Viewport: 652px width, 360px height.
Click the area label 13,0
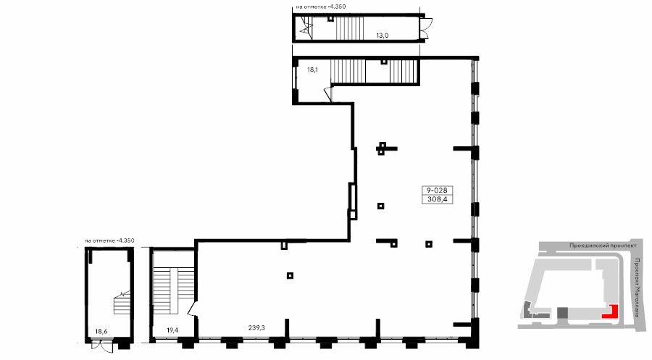[x=382, y=35]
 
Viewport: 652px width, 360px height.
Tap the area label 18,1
[x=312, y=70]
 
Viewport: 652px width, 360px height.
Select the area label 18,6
[x=101, y=331]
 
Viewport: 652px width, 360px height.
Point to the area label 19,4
[x=172, y=330]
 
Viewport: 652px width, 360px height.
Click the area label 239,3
[x=256, y=327]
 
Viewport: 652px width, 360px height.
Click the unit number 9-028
[x=437, y=191]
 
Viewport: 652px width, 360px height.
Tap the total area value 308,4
[x=437, y=199]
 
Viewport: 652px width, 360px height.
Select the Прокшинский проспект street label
[x=603, y=246]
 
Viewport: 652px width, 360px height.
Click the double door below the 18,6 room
[x=102, y=346]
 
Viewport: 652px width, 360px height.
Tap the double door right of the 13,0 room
[x=426, y=28]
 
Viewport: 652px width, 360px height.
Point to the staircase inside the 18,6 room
[x=122, y=303]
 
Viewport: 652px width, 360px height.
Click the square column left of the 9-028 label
[x=380, y=206]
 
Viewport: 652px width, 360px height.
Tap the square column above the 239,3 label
[x=290, y=275]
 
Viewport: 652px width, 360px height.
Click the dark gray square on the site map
[x=562, y=313]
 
